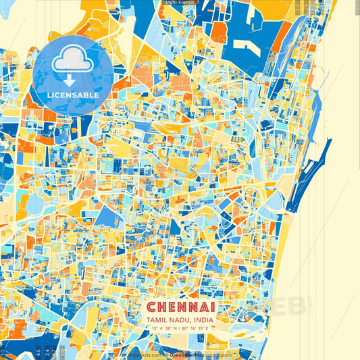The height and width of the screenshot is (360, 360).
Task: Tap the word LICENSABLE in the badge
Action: [x=73, y=95]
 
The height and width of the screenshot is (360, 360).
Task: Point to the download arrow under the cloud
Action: [x=73, y=79]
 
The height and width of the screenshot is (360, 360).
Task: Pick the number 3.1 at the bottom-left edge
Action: [x=3, y=351]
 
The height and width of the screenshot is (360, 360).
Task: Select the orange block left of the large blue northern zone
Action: [x=219, y=31]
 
